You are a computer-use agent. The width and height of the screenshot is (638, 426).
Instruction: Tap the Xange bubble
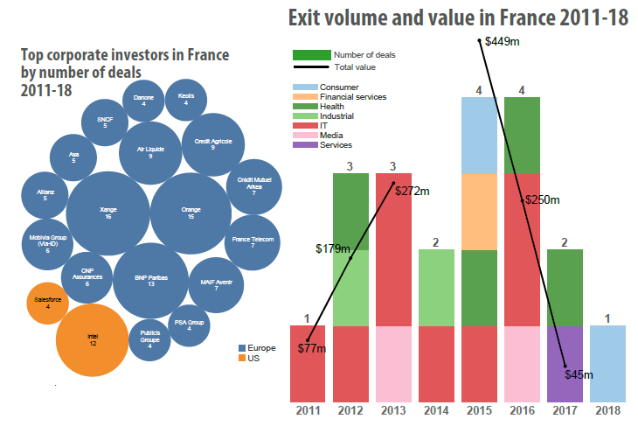pos(107,213)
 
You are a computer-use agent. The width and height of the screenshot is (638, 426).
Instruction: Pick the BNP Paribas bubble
pos(150,281)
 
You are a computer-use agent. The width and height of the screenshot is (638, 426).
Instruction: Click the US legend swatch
pos(244,359)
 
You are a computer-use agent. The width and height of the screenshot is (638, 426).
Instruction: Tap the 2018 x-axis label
pos(609,410)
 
